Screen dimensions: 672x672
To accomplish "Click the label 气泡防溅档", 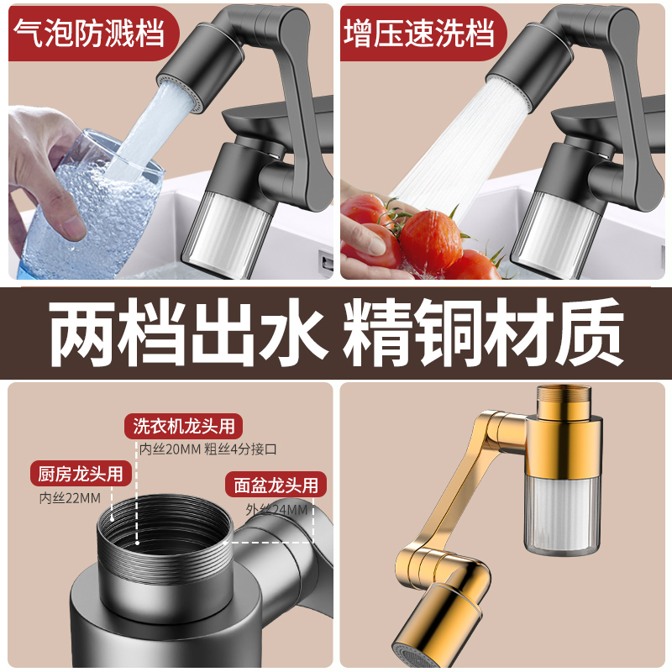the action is click(x=89, y=33).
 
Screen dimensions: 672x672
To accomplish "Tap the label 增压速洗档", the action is click(x=419, y=33).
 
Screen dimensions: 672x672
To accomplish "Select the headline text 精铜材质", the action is click(x=483, y=333).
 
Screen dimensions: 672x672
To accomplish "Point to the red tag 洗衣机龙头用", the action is click(x=183, y=427).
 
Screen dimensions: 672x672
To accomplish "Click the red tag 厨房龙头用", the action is click(x=81, y=474).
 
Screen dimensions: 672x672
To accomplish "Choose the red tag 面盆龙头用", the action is click(x=276, y=485).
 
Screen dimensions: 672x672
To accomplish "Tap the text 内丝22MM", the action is click(x=70, y=498).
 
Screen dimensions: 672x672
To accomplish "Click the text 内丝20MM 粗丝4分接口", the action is click(x=208, y=449).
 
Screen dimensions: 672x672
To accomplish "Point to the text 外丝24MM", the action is click(x=276, y=510).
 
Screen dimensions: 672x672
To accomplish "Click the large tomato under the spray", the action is click(x=431, y=241).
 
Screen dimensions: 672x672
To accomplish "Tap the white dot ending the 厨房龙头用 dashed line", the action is click(x=113, y=517).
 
